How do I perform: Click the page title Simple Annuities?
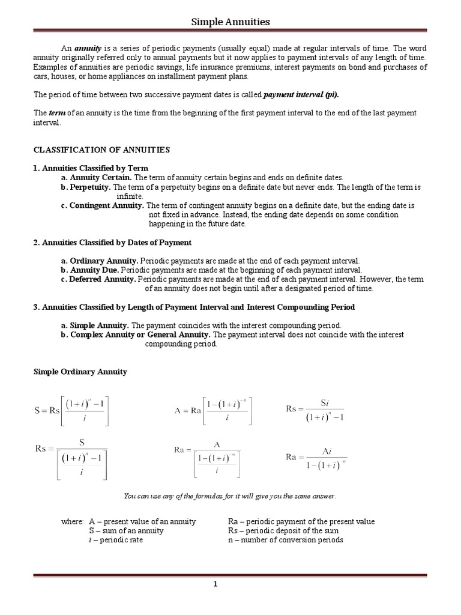(230, 22)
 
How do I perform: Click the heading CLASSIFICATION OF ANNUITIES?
(101, 150)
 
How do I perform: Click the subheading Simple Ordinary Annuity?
(80, 372)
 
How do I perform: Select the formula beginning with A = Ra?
(214, 411)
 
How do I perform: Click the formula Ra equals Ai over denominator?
(316, 458)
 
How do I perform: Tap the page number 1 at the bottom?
(231, 583)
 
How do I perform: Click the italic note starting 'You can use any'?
(230, 496)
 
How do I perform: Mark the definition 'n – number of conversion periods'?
(286, 539)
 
